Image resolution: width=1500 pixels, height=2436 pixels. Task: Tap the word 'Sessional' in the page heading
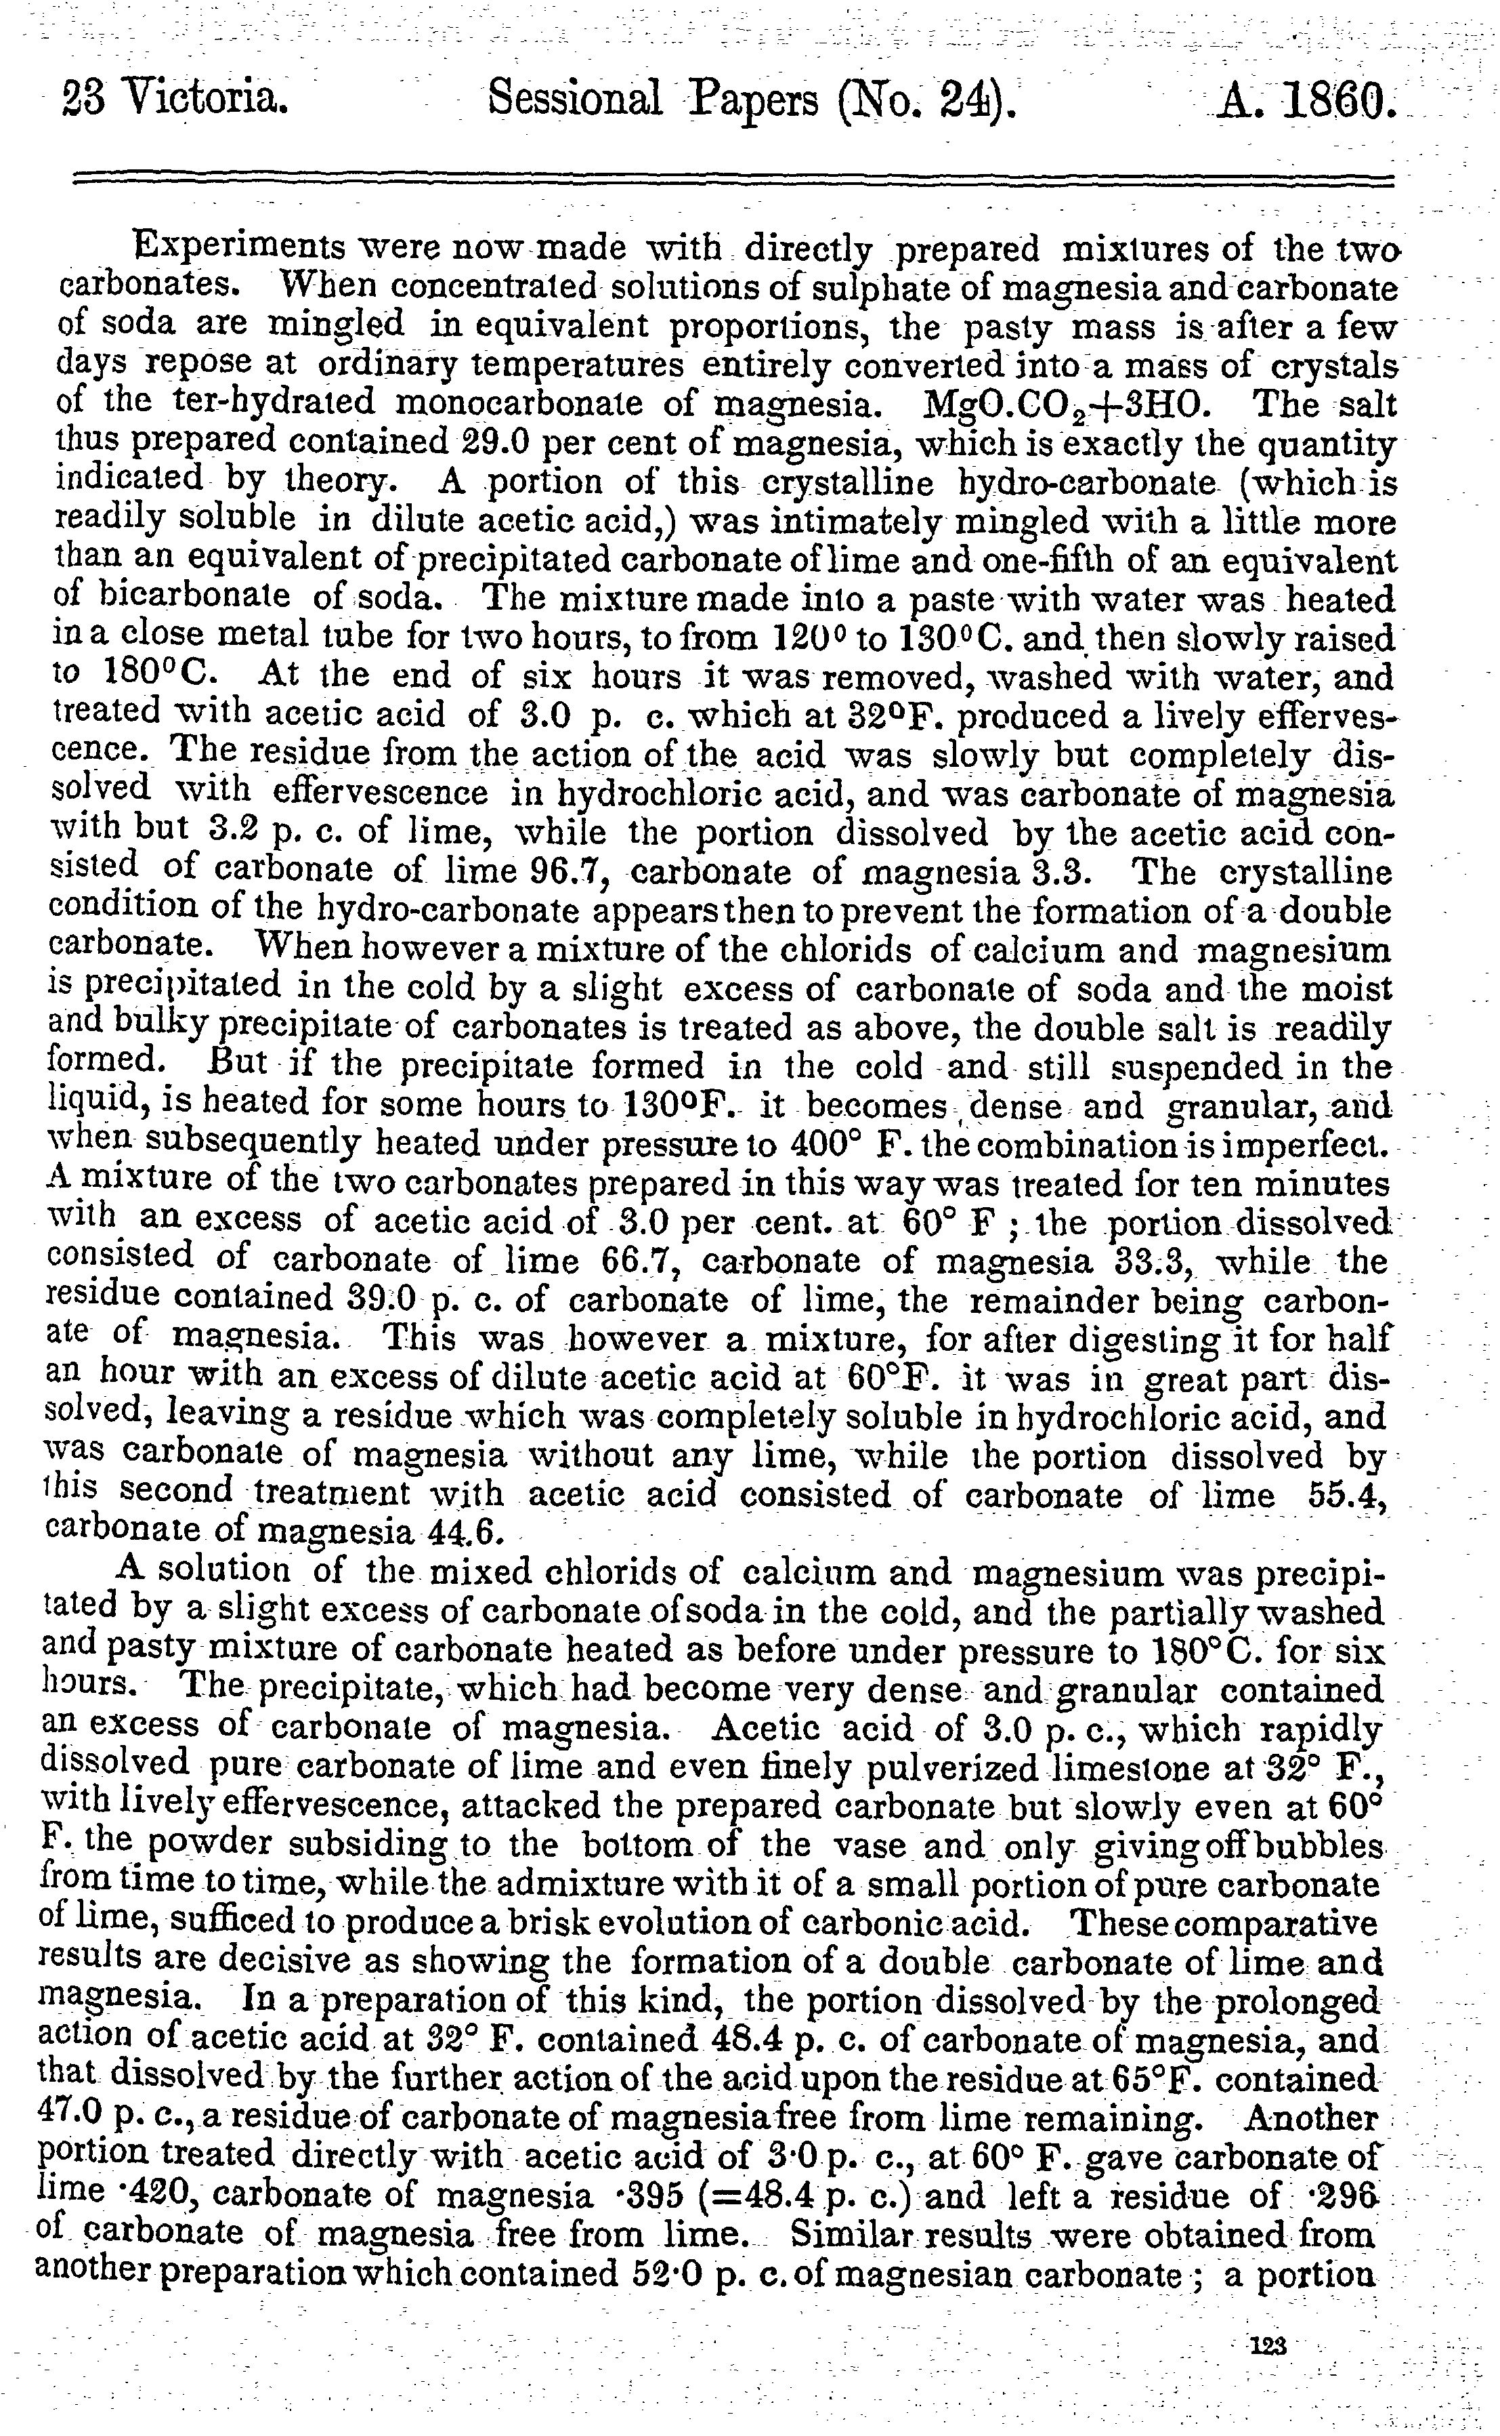pyautogui.click(x=576, y=99)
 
